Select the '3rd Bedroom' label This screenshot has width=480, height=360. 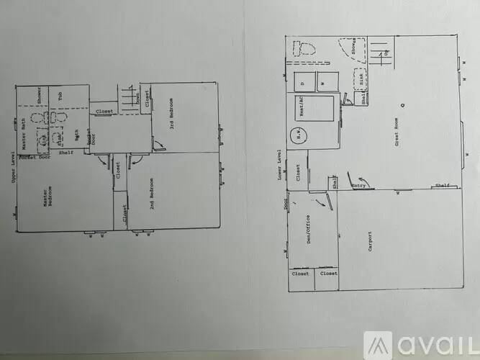183,117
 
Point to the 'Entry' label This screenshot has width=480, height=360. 358,186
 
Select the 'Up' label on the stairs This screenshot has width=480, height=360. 386,53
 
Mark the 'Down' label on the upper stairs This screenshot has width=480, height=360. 137,99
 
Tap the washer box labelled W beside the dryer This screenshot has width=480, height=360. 325,82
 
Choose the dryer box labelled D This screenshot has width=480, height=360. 302,82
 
